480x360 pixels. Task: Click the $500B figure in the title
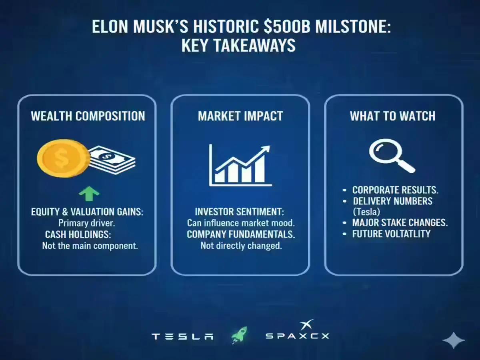tap(287, 27)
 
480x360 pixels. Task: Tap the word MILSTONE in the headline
tap(353, 27)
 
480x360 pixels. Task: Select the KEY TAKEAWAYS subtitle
tap(238, 46)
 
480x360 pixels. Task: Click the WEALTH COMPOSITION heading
tap(88, 116)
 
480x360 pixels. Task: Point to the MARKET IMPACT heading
tap(240, 116)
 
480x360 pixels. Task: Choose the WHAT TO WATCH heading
tap(392, 116)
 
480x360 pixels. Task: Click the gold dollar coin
tap(64, 158)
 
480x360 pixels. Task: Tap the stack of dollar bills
tap(112, 160)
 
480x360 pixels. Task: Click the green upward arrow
tap(89, 194)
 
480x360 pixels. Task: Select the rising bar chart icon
tap(240, 166)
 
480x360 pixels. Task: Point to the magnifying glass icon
tap(392, 156)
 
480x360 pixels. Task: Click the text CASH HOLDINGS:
tap(78, 234)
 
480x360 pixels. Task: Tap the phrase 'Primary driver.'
tap(86, 223)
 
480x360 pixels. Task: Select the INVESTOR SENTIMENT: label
tap(240, 212)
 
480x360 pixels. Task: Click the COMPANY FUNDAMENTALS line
tap(241, 234)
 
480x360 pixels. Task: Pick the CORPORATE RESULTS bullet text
tap(395, 190)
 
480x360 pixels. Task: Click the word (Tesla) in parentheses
tap(366, 212)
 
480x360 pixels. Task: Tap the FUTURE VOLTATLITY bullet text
tap(391, 234)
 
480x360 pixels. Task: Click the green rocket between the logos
tap(239, 335)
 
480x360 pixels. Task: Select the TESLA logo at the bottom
tap(182, 336)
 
